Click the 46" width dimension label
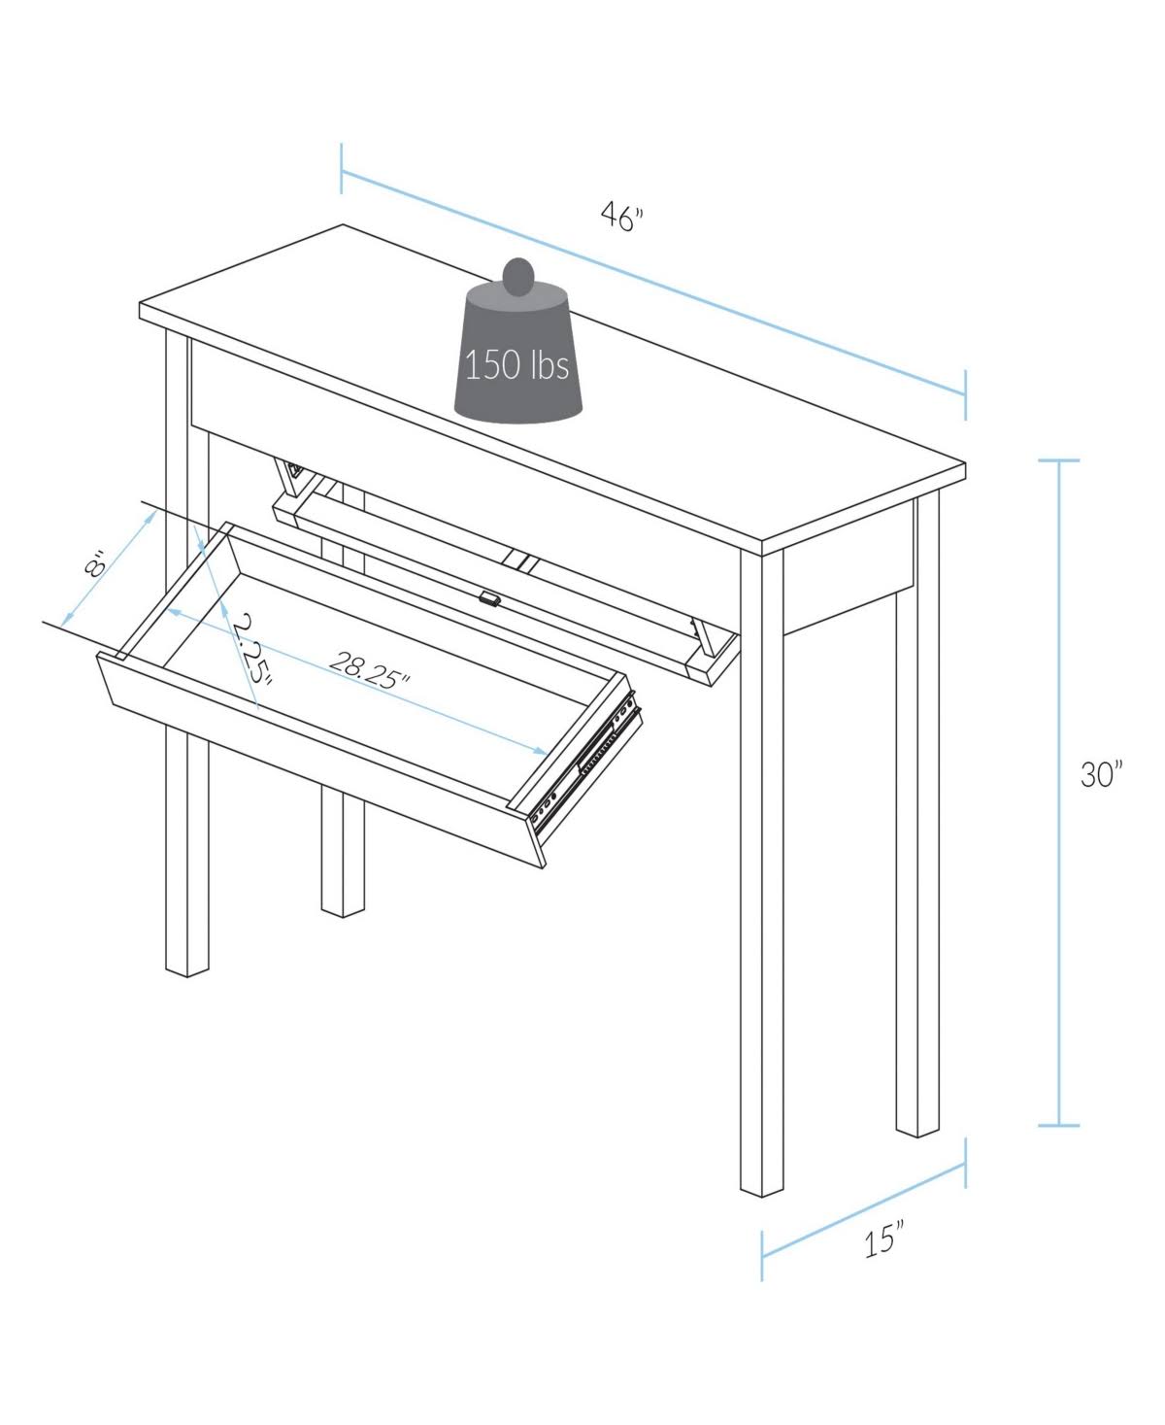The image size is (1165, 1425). pyautogui.click(x=621, y=218)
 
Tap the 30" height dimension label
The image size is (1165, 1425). pyautogui.click(x=1101, y=774)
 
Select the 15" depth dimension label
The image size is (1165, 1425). pyautogui.click(x=883, y=1241)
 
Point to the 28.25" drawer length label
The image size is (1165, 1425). pyautogui.click(x=369, y=669)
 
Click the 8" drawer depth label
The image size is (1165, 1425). pyautogui.click(x=94, y=565)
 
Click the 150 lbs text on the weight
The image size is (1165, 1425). pyautogui.click(x=516, y=366)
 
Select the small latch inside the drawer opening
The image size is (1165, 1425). pyautogui.click(x=489, y=599)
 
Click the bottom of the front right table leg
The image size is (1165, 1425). pyautogui.click(x=761, y=1187)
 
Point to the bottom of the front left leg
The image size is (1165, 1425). pyautogui.click(x=187, y=967)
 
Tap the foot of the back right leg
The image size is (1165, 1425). pyautogui.click(x=918, y=1128)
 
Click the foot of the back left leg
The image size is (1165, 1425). pyautogui.click(x=344, y=907)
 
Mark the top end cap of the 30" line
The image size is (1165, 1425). pyautogui.click(x=1058, y=460)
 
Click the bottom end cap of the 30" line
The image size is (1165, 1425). pyautogui.click(x=1058, y=1126)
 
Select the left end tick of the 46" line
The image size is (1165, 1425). pyautogui.click(x=342, y=168)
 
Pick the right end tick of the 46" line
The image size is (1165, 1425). pyautogui.click(x=965, y=394)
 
